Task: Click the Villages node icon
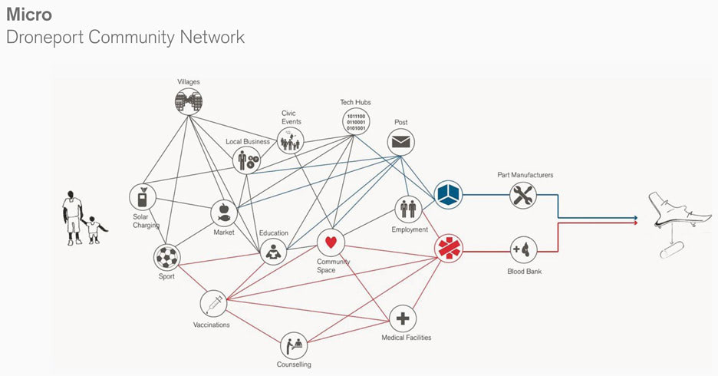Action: [x=189, y=101]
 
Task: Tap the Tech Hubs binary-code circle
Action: [x=356, y=122]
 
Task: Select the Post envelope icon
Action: [x=400, y=142]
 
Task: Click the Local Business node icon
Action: [x=247, y=160]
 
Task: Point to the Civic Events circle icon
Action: [x=291, y=140]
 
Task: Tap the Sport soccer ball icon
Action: [x=166, y=256]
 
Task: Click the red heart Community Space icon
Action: [x=331, y=242]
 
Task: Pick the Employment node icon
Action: [x=408, y=208]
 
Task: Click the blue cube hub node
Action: [x=448, y=195]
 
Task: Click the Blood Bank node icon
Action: [x=524, y=249]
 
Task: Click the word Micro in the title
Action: [x=28, y=14]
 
